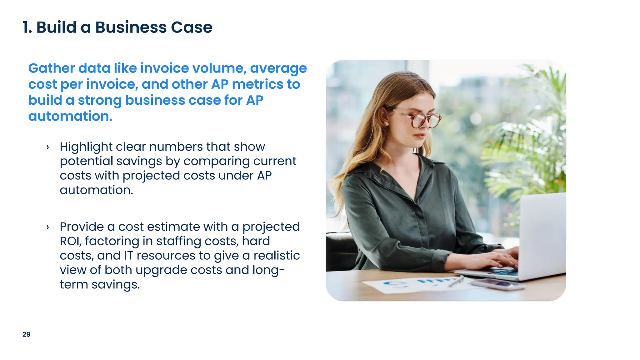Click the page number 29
26,334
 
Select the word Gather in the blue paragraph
52,68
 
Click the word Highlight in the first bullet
86,147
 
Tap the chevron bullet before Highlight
47,147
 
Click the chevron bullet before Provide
47,227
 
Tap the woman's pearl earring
387,124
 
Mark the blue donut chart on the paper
393,284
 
